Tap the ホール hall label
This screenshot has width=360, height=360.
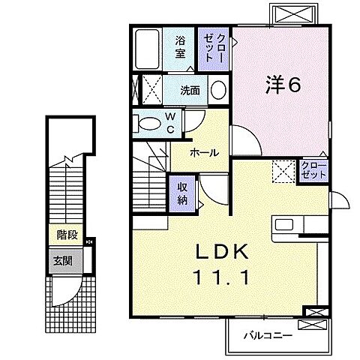click(x=204, y=152)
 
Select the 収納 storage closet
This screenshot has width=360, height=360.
click(x=183, y=192)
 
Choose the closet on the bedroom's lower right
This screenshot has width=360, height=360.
click(x=313, y=169)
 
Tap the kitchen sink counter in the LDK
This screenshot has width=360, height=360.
click(x=300, y=224)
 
